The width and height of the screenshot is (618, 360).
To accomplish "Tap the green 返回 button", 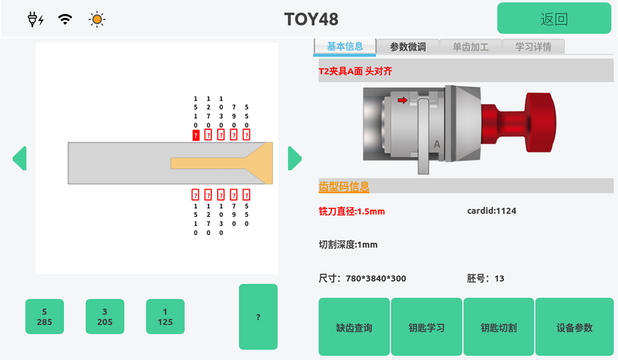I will [554, 18].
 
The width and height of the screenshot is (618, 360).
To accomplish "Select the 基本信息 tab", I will [345, 46].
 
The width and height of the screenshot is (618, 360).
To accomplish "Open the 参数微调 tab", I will [407, 47].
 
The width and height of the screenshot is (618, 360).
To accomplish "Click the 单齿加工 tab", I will [470, 47].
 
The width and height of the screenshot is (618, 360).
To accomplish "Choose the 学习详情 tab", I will [533, 47].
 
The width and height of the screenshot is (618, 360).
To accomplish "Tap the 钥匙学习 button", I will [427, 327].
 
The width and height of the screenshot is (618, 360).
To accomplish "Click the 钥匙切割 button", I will [499, 327].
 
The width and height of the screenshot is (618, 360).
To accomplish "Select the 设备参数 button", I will [574, 327].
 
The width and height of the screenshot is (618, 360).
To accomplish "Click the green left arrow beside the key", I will [19, 158].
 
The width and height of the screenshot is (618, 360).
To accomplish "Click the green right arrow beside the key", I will [294, 158].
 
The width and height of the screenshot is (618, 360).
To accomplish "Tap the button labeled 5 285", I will [44, 316].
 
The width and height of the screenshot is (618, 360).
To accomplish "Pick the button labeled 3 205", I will [105, 316].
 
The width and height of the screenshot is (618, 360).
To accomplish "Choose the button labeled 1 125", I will [165, 316].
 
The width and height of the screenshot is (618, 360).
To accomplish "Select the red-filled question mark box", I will [196, 135].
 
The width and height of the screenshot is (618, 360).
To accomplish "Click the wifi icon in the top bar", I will [65, 19].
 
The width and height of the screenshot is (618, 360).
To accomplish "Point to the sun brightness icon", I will [96, 19].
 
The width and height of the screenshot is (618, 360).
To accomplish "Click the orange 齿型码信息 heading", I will [344, 187].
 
